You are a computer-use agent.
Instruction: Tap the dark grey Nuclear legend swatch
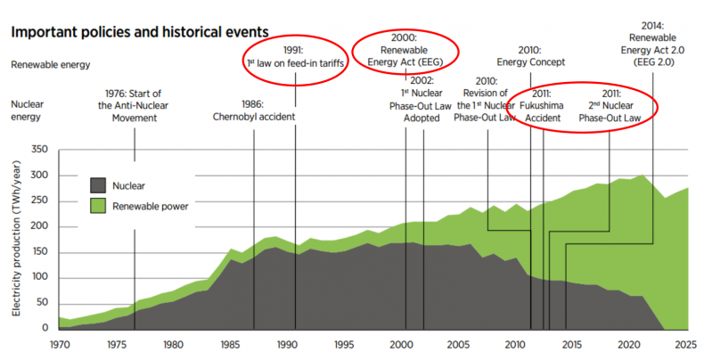click(98, 186)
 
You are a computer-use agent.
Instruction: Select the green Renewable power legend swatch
click(98, 207)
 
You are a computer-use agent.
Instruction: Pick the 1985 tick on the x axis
click(230, 344)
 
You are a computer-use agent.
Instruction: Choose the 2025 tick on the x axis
click(687, 344)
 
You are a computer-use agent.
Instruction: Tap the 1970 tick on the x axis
click(59, 344)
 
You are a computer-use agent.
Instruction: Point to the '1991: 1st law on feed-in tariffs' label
click(294, 55)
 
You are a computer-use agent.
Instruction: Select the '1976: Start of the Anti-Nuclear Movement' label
click(135, 110)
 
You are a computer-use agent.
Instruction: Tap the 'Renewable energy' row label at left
click(51, 65)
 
